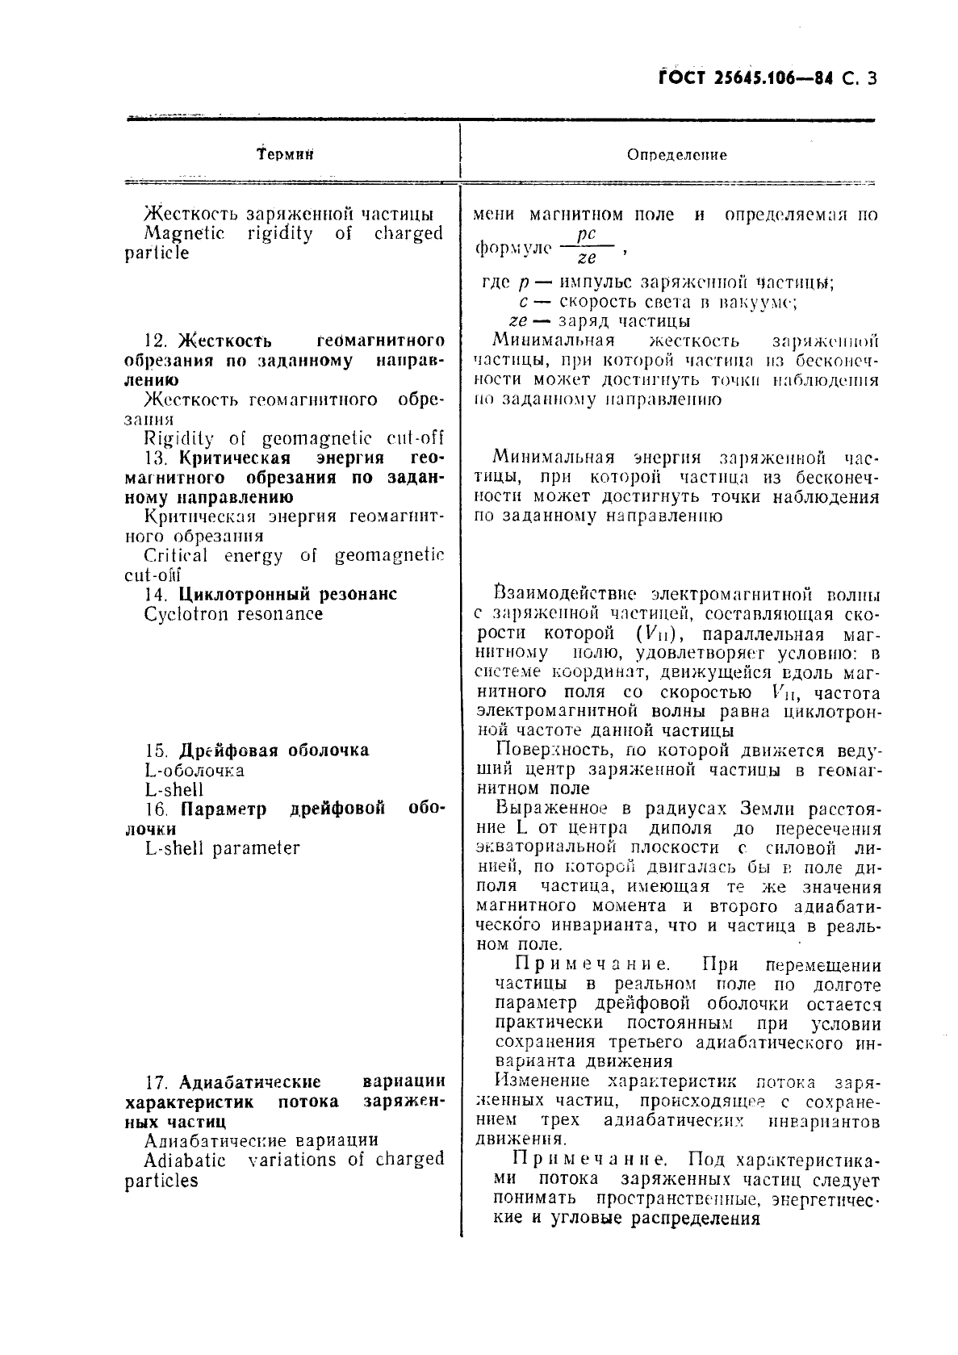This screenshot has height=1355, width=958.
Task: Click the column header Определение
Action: pos(676,155)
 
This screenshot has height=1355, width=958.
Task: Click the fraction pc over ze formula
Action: pos(587,246)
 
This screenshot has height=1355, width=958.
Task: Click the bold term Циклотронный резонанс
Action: pos(287,595)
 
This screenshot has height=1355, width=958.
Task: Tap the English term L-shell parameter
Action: pos(222,848)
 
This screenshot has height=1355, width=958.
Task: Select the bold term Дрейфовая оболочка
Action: pos(274,751)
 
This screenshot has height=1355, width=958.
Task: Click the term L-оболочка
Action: pos(194,771)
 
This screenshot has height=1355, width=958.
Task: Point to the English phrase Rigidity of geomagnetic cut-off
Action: pos(294,439)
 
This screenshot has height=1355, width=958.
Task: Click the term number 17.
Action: pos(157,1082)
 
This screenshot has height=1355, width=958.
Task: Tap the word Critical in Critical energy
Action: pos(175,556)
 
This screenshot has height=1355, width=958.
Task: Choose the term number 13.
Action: pos(157,458)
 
